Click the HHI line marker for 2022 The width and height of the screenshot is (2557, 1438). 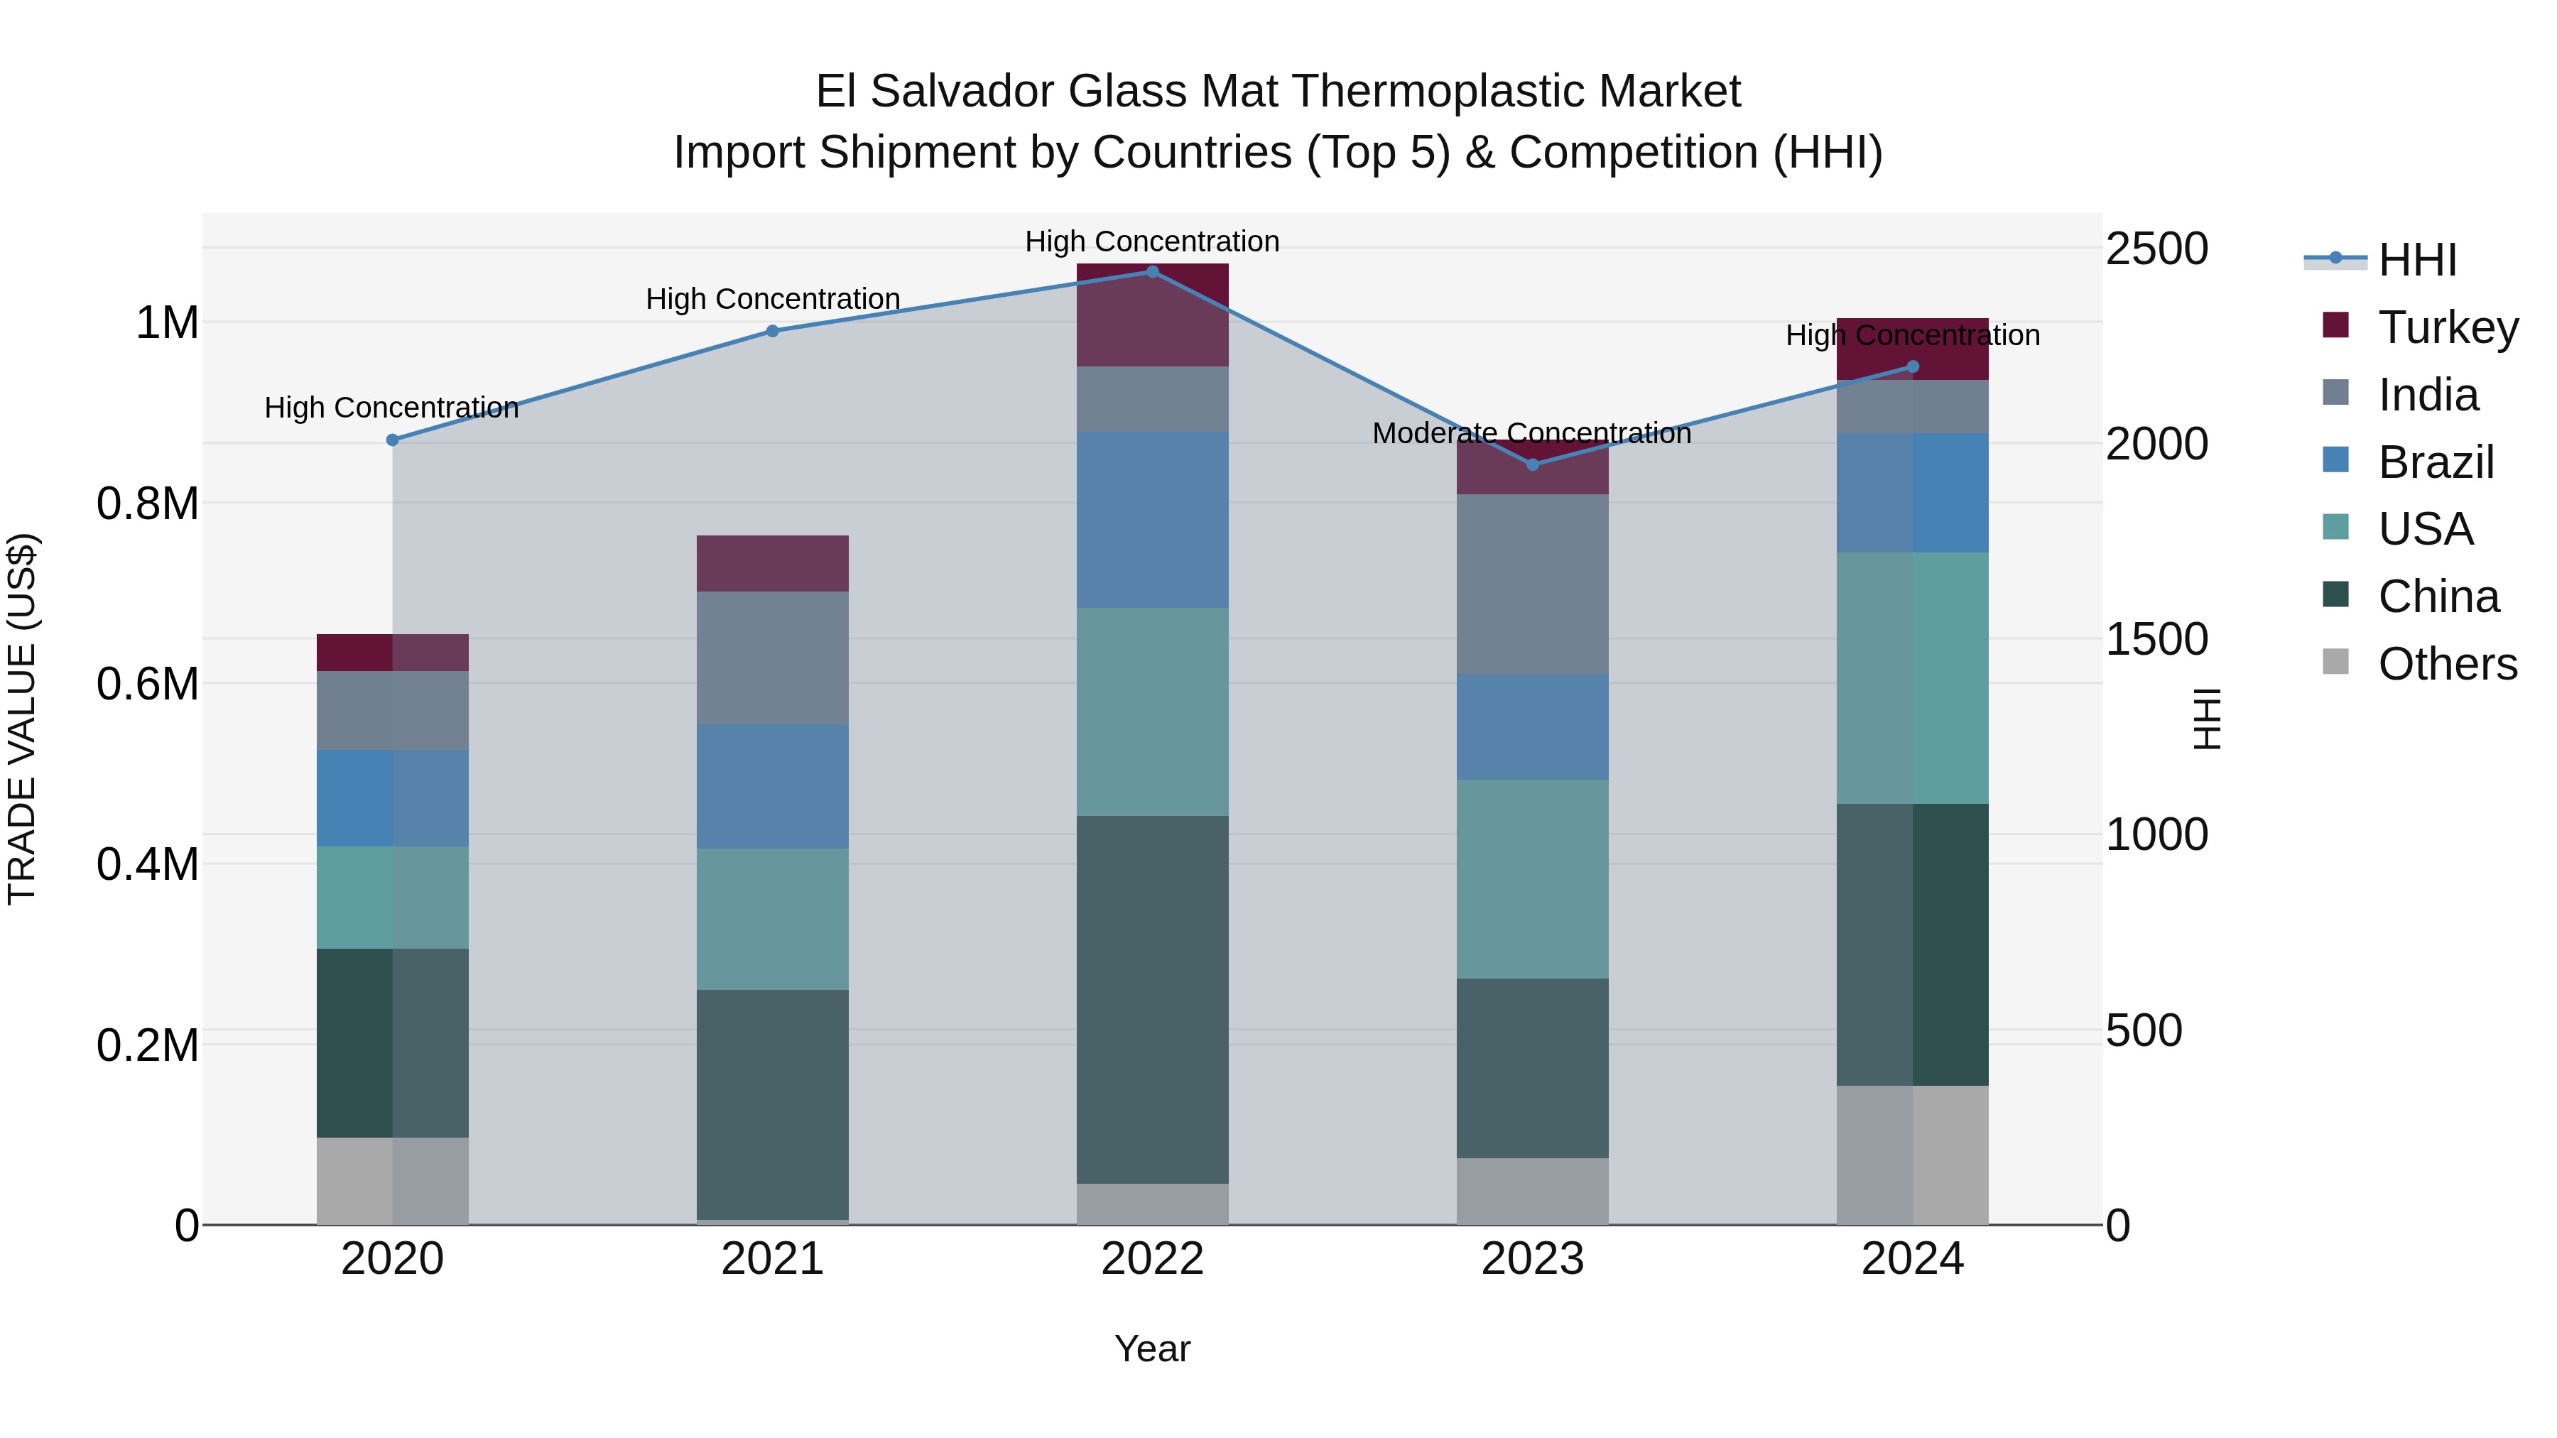(1153, 271)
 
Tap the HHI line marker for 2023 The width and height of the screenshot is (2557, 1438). (1533, 464)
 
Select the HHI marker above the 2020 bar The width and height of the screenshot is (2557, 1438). (392, 440)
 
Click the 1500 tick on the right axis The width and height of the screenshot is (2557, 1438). (2156, 639)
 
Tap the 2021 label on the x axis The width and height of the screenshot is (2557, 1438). (772, 1259)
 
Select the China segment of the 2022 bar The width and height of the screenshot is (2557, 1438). (1153, 999)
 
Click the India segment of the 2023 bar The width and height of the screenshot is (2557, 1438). (1533, 584)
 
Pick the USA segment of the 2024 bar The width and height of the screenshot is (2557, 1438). (1913, 678)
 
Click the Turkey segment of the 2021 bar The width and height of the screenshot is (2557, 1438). (772, 564)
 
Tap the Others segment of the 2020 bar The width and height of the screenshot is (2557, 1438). (392, 1181)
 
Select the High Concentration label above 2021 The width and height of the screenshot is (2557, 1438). (772, 299)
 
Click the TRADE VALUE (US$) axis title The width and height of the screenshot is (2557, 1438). (22, 719)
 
